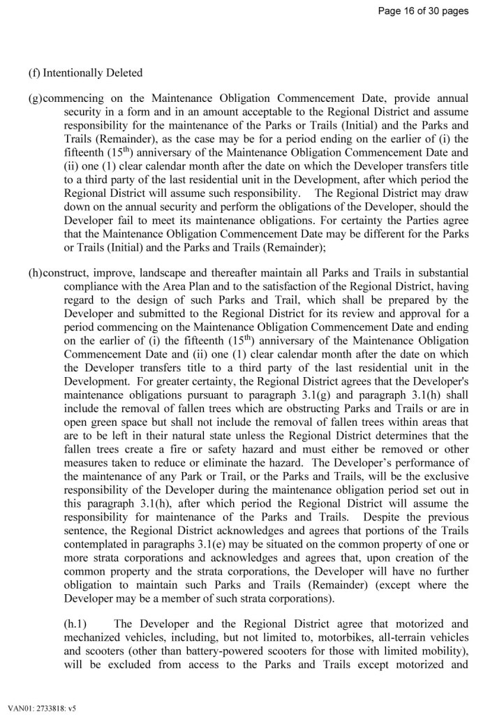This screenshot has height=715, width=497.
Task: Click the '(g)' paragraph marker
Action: (35, 98)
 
